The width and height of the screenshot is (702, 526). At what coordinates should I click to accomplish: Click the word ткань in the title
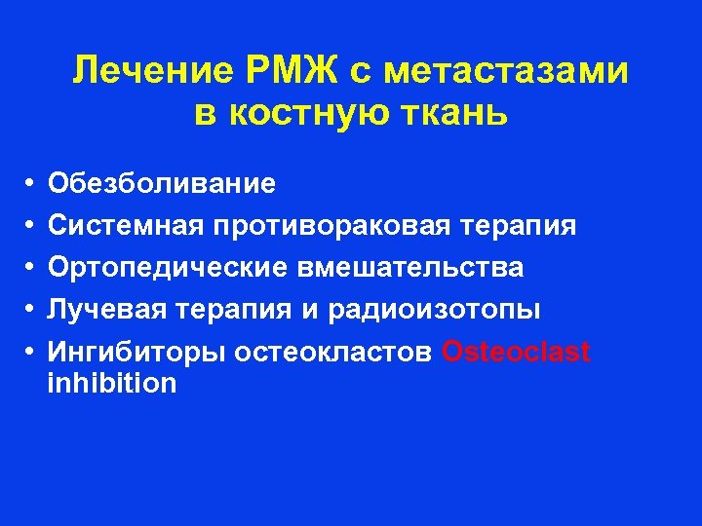pyautogui.click(x=461, y=114)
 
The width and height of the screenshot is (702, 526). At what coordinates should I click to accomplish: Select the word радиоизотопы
pyautogui.click(x=434, y=310)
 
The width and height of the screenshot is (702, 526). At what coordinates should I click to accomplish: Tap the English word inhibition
pyautogui.click(x=112, y=383)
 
